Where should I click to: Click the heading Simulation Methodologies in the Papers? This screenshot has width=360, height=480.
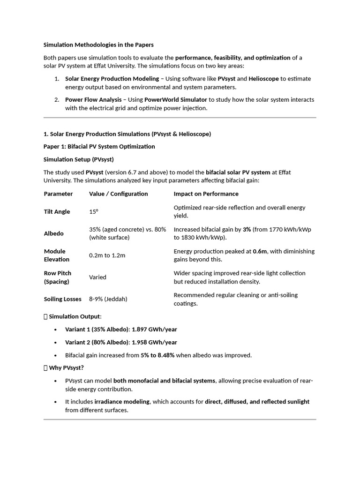98,45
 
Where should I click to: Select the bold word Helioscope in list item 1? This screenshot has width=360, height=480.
264,79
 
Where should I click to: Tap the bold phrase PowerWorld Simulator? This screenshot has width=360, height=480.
175,100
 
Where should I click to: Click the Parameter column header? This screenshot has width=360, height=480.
58,194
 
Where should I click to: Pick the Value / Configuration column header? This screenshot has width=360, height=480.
118,194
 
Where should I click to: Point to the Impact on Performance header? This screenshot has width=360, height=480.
206,194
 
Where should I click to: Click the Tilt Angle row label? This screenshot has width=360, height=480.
57,212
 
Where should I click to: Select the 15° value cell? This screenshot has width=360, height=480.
94,212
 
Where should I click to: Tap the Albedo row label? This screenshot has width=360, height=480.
54,233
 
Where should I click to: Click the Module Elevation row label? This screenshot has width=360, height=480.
56,255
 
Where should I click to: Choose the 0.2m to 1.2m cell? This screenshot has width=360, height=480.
107,255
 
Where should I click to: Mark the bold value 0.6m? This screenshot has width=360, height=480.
259,251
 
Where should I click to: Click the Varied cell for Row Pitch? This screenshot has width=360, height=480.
97,277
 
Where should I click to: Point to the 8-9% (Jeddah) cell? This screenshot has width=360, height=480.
108,299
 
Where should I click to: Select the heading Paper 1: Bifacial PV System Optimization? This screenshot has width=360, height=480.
99,147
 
